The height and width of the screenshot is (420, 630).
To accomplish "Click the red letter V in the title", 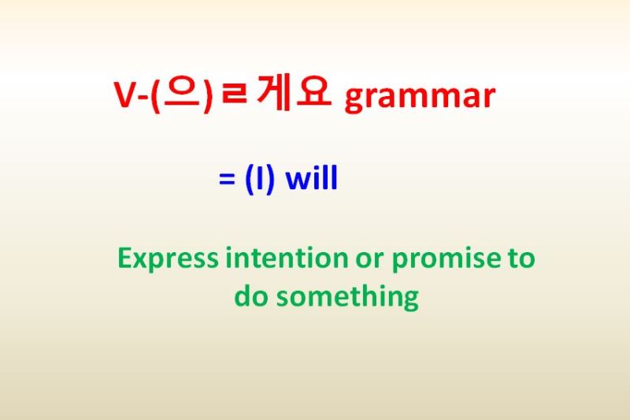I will (126, 97).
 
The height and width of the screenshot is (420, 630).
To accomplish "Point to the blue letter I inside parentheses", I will (260, 180).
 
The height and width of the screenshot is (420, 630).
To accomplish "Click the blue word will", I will (311, 180).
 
